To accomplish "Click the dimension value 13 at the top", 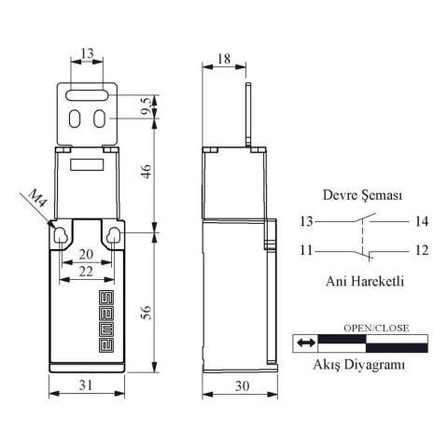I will click(x=86, y=55).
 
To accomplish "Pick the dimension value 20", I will click(x=86, y=254).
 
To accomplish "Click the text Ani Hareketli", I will click(x=364, y=280).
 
